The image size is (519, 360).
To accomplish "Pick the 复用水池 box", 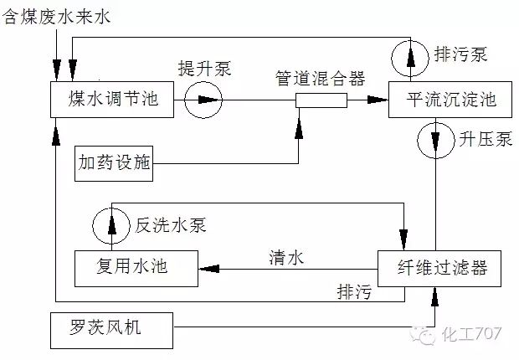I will pos(134,267).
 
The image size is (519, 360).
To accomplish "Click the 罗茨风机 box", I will pos(110,328).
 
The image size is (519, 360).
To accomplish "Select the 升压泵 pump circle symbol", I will pos(436,139).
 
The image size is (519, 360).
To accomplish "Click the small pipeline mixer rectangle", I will pos(321,101).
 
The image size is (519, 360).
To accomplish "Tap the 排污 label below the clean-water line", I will pos(352,293).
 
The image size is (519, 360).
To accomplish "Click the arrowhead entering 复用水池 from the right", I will pos(205,268).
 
